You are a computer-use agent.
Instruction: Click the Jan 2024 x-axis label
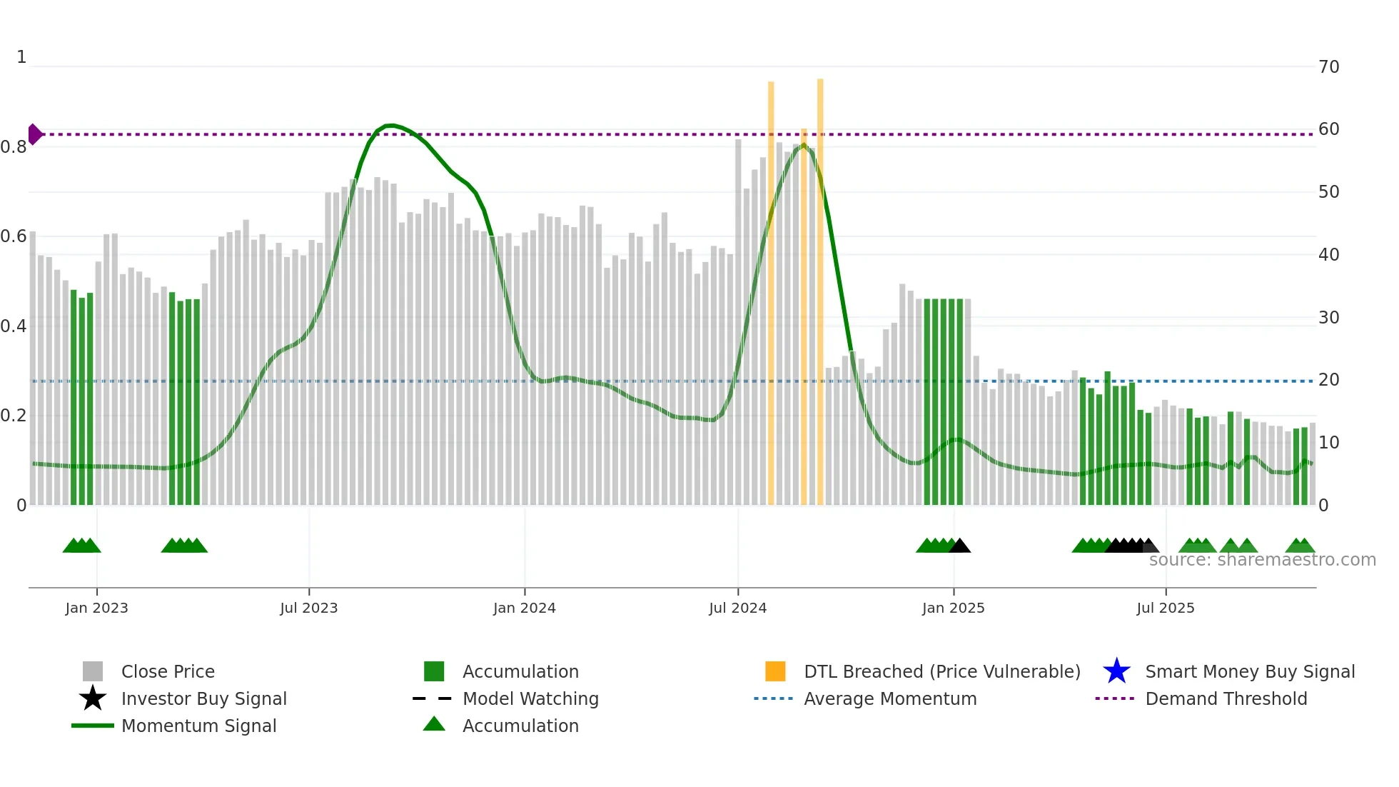[524, 608]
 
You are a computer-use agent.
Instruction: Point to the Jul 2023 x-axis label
[308, 608]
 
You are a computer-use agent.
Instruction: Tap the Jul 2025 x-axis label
[1165, 608]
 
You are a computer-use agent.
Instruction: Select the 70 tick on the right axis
[1328, 67]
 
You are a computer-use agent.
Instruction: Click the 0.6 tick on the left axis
[14, 236]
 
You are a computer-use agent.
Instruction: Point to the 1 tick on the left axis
[21, 57]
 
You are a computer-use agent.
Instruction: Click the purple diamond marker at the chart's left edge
[34, 134]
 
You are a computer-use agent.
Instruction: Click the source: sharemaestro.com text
[1262, 560]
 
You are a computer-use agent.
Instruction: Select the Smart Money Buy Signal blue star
[1116, 671]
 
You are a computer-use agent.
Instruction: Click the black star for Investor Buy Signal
[93, 698]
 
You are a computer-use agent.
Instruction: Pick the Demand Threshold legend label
[1226, 698]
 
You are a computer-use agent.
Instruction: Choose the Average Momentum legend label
[889, 698]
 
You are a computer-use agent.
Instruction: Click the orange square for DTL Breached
[775, 671]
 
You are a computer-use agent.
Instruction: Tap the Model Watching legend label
[530, 698]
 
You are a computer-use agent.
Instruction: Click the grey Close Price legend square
[93, 671]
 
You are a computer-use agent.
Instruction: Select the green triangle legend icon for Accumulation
[434, 724]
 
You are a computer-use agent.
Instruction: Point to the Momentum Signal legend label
[198, 726]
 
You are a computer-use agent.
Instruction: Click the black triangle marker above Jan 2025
[960, 546]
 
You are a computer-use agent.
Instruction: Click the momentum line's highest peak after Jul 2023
[390, 126]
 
